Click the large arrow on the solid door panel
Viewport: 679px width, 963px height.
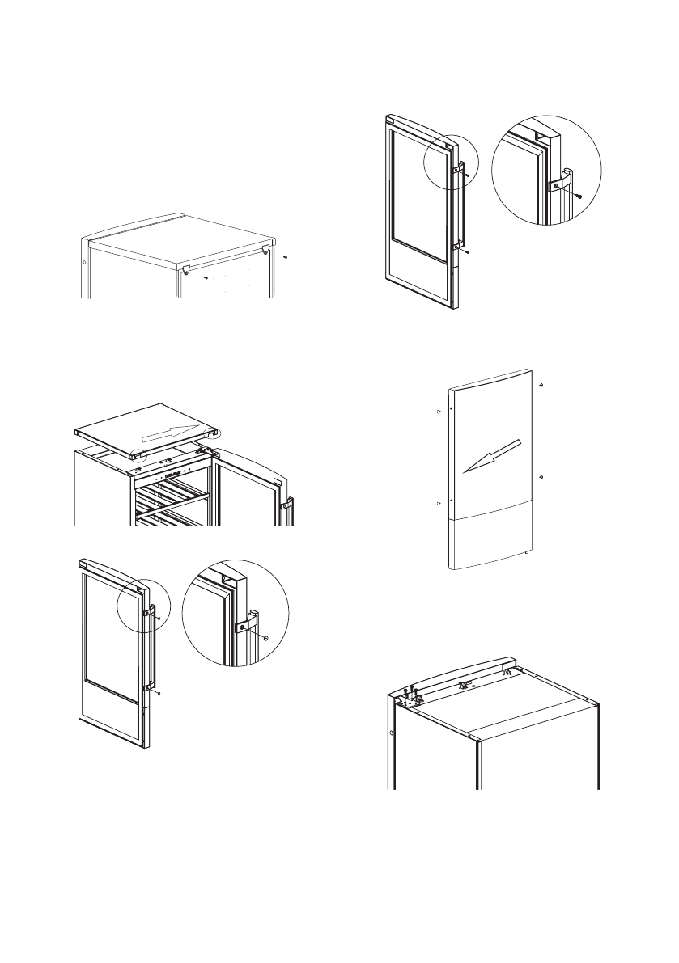(490, 457)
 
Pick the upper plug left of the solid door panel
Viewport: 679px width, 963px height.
(438, 412)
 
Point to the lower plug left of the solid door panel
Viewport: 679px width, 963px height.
(438, 503)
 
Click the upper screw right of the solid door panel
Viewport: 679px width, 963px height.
(541, 385)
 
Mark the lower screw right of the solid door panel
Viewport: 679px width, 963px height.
(541, 476)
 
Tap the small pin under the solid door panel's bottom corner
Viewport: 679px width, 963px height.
(528, 553)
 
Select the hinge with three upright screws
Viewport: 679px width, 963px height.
(411, 695)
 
